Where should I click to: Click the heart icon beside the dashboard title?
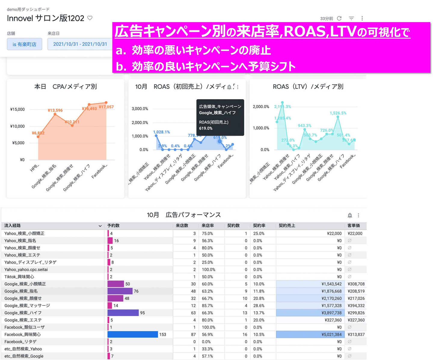click(x=90, y=18)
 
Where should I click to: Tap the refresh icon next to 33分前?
click(x=339, y=18)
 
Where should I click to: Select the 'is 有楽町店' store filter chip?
click(x=24, y=44)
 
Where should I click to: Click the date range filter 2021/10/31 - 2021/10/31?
click(x=80, y=44)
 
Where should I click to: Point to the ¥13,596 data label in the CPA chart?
click(x=55, y=110)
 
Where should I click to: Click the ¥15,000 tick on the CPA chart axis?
click(x=17, y=109)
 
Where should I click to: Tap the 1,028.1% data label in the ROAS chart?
click(x=161, y=132)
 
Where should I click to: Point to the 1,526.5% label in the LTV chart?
click(x=338, y=113)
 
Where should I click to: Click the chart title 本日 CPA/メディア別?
click(x=66, y=87)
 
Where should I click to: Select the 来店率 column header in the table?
click(x=207, y=225)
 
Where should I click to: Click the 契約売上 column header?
click(x=287, y=225)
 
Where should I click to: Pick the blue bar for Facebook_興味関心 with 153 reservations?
click(x=133, y=334)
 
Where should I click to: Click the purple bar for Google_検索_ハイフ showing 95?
click(x=123, y=313)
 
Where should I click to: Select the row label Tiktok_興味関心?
click(x=19, y=277)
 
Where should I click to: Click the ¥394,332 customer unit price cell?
click(x=356, y=306)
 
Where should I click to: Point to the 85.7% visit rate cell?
click(x=207, y=306)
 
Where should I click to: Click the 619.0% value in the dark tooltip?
click(x=206, y=128)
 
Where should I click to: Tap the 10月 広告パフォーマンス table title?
click(x=184, y=215)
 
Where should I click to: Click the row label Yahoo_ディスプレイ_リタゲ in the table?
click(x=30, y=262)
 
